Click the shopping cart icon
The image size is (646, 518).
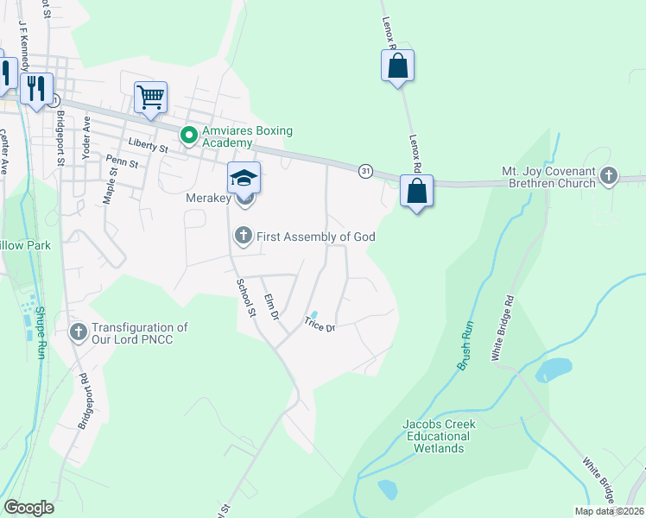[x=150, y=98]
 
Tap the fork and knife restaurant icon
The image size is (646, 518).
[x=35, y=89]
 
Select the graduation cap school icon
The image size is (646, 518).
[x=244, y=178]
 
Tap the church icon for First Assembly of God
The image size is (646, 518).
[x=244, y=236]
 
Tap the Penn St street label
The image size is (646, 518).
[x=122, y=161]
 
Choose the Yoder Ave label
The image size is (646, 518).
[x=85, y=136]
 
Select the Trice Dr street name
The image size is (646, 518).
[x=318, y=325]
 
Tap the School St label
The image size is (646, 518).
[x=246, y=297]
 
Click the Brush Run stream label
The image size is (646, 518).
[x=465, y=346]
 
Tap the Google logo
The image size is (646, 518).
[x=28, y=508]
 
